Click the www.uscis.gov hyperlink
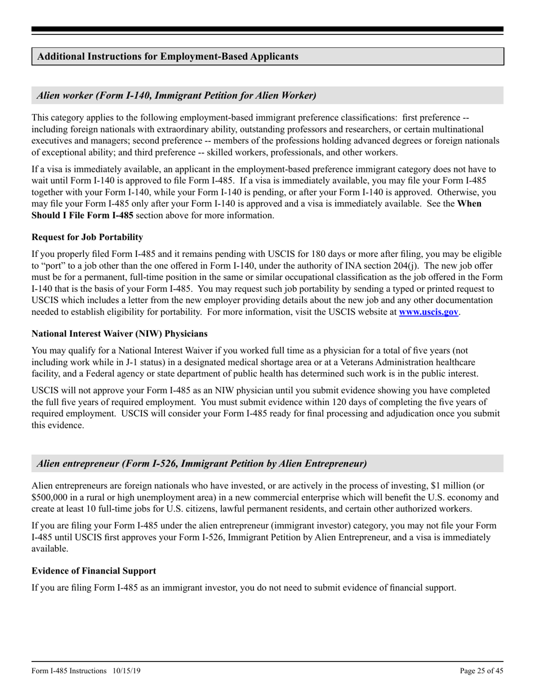[x=429, y=312]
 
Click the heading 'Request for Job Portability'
[x=87, y=237]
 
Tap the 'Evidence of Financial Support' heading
[x=94, y=571]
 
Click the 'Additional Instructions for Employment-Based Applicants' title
[x=168, y=56]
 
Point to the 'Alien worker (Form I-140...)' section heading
[x=176, y=95]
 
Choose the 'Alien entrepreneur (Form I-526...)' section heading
[x=202, y=464]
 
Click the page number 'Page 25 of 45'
[x=481, y=670]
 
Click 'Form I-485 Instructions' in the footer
[x=69, y=670]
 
